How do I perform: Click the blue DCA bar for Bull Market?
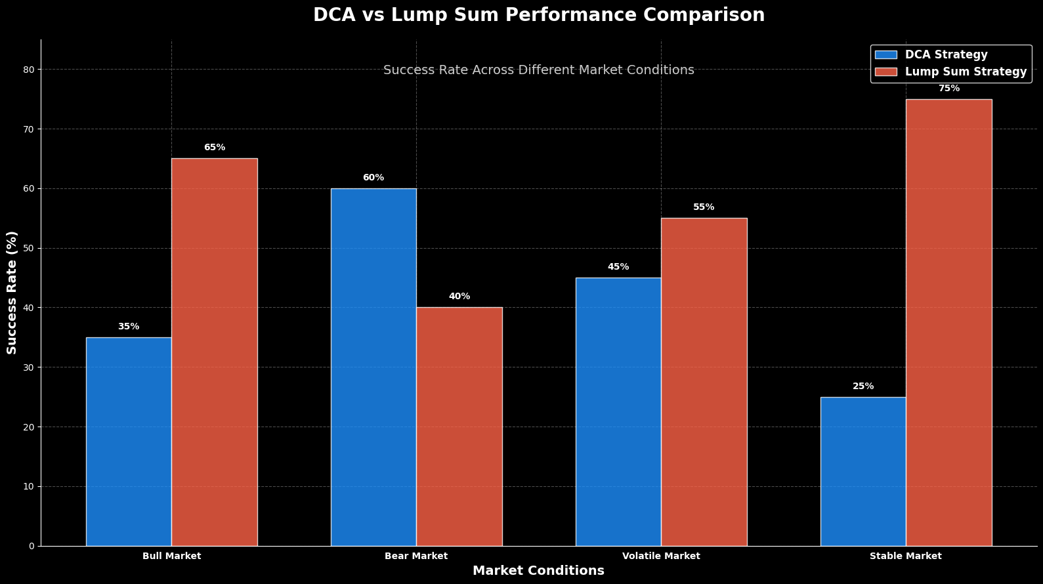(129, 442)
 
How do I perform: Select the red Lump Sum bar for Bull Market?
(215, 352)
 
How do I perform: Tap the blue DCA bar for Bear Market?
(373, 367)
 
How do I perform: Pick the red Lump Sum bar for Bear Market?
(459, 427)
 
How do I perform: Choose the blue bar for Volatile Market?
(618, 412)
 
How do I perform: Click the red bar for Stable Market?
(948, 323)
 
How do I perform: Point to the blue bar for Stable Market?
(863, 471)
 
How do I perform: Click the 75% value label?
(948, 89)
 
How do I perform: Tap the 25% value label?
(863, 386)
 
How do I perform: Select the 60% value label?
(373, 178)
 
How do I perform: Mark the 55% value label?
(704, 207)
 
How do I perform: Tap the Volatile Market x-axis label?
(661, 556)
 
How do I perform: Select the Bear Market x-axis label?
(416, 556)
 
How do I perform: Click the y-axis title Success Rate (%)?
(12, 293)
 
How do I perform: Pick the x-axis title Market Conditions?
(538, 571)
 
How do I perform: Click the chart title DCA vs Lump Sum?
(538, 15)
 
